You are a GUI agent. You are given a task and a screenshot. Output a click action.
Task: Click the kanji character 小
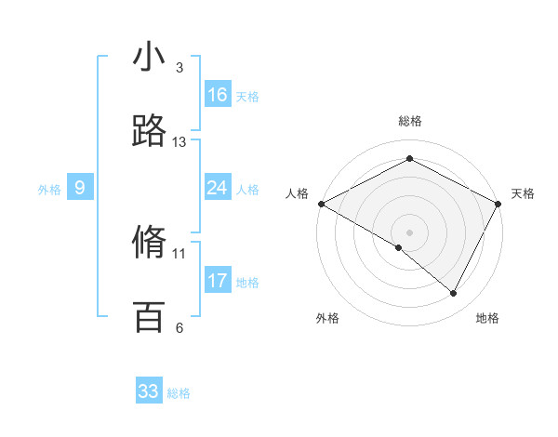click(x=150, y=58)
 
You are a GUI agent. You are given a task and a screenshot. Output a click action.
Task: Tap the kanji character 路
click(x=150, y=132)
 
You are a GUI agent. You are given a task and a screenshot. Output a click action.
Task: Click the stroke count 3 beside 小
click(x=179, y=68)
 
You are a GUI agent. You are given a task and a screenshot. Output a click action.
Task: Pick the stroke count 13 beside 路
click(x=179, y=142)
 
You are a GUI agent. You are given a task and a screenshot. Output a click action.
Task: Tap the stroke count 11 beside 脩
click(x=179, y=253)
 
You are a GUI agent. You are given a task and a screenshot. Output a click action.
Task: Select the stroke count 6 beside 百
click(x=179, y=327)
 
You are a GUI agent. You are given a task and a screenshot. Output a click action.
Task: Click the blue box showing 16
click(x=218, y=95)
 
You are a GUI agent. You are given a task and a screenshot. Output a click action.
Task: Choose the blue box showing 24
click(x=218, y=188)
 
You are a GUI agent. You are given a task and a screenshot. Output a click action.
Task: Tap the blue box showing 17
click(x=218, y=281)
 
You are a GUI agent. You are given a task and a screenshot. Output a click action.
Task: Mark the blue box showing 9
click(x=80, y=188)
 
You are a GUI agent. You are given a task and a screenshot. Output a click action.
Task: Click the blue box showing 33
click(x=149, y=391)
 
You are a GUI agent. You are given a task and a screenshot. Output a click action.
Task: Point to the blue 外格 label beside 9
click(x=49, y=190)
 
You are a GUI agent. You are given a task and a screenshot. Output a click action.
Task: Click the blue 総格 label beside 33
click(x=179, y=393)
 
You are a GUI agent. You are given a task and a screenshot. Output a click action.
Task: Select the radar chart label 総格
click(x=410, y=122)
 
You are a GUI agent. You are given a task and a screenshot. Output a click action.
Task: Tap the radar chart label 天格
click(x=523, y=193)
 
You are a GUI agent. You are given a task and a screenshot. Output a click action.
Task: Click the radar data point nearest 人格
click(x=321, y=204)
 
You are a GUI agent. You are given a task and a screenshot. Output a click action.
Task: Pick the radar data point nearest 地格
click(x=454, y=293)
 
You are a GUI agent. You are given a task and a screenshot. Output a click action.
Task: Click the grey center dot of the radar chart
click(x=410, y=231)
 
